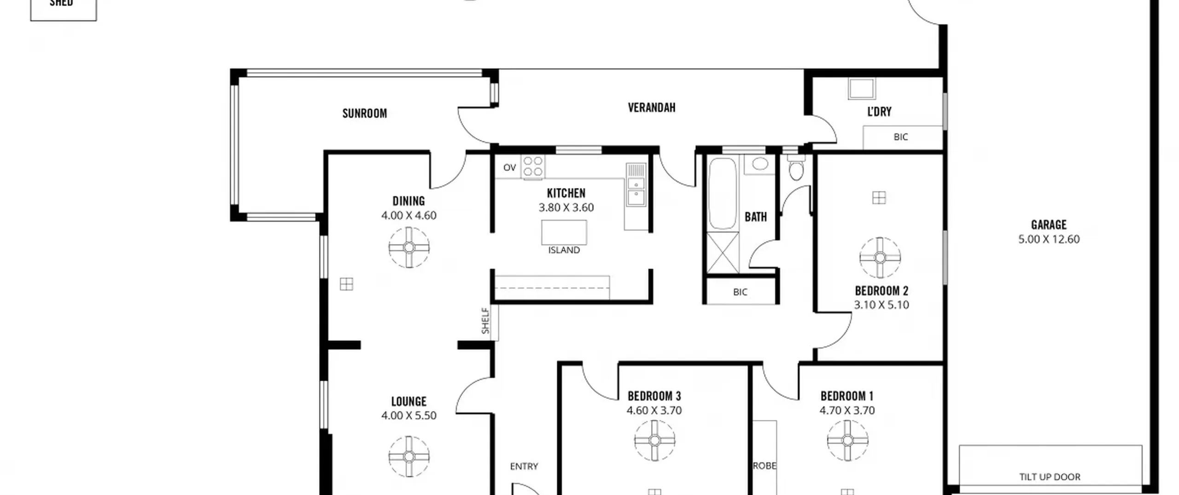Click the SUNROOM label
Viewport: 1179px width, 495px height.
click(x=364, y=113)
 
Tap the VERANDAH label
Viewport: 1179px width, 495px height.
click(x=651, y=107)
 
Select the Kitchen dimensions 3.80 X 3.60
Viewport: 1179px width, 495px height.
click(x=566, y=208)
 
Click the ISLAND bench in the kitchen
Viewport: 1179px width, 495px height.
click(x=564, y=233)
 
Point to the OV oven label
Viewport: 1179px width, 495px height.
click(x=509, y=168)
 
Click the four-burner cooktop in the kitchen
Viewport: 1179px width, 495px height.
click(x=533, y=167)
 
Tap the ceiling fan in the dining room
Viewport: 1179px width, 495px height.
click(x=409, y=248)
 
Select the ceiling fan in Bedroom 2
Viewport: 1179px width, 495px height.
click(x=880, y=258)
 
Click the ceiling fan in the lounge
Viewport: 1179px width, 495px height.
click(x=409, y=457)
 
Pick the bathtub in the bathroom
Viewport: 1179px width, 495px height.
click(x=722, y=194)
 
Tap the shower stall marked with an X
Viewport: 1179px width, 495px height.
click(x=722, y=253)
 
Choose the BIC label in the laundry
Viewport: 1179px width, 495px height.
click(x=900, y=137)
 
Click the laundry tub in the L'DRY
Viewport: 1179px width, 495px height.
click(x=862, y=89)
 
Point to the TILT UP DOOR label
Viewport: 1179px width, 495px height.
click(x=1050, y=477)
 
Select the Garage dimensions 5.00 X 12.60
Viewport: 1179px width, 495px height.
click(x=1049, y=239)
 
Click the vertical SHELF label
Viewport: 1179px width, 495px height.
click(x=485, y=321)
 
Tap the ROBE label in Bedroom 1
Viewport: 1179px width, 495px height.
click(x=765, y=466)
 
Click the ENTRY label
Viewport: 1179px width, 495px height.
click(x=524, y=466)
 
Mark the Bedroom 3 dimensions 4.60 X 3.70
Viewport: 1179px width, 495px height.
click(x=654, y=411)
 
